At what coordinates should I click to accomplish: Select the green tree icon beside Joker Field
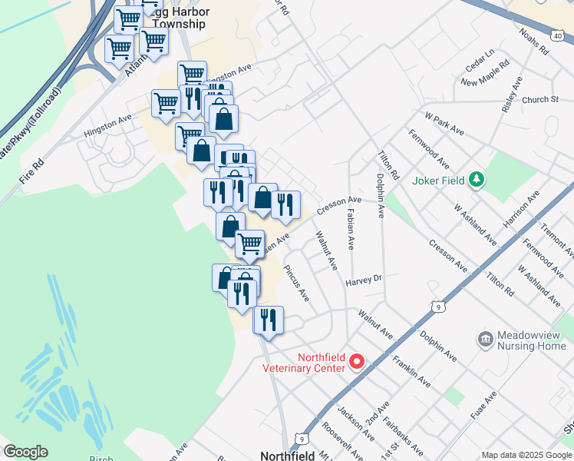coord(477,180)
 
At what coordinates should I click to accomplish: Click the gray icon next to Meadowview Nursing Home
coord(485,339)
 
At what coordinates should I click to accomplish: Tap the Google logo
coord(25,452)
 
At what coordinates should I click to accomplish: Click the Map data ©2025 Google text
coord(526,455)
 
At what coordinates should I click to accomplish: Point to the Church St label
coord(539,100)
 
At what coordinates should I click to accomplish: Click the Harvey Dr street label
coord(363,280)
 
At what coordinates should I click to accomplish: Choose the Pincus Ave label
coord(296,284)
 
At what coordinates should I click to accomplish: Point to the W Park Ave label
coord(444,122)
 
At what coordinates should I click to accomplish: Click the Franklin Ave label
coord(411,367)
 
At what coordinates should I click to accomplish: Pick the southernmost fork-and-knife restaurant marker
coord(268,319)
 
